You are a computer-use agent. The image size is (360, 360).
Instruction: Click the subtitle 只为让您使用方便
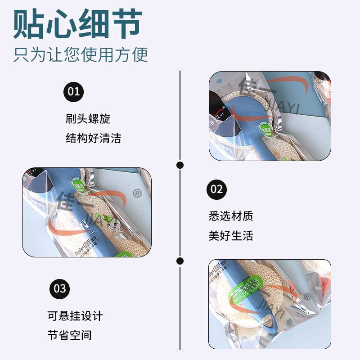81,55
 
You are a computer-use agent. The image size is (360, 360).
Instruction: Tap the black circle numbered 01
73,92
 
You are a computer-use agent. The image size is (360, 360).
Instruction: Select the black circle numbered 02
217,189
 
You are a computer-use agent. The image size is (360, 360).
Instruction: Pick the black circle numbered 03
60,288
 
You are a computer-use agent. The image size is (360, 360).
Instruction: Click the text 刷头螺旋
88,119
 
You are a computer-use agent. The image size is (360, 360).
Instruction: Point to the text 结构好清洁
93,138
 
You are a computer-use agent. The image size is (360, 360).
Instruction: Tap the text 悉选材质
231,216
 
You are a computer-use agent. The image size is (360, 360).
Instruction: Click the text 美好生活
231,235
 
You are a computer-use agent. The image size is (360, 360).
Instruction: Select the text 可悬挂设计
75,316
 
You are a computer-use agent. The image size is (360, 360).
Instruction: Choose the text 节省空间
70,335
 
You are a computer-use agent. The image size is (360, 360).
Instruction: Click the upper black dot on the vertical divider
180,165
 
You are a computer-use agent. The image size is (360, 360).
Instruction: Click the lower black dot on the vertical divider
180,261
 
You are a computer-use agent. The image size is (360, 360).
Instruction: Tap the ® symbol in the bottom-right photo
307,296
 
